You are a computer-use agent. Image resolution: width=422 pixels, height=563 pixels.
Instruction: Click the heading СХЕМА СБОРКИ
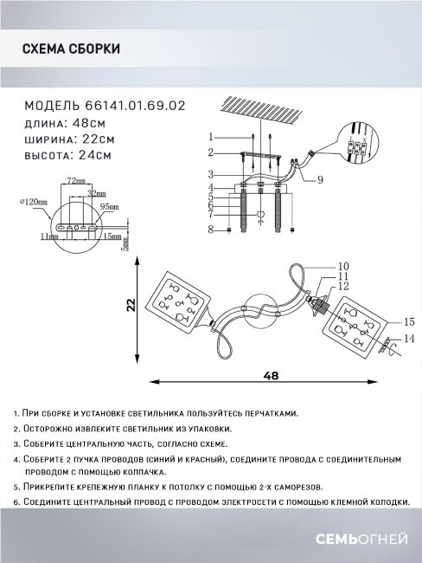point(71,50)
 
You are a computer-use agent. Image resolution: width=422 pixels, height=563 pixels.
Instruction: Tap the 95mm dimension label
point(109,208)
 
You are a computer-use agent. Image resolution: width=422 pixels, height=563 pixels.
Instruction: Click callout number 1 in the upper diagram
point(210,136)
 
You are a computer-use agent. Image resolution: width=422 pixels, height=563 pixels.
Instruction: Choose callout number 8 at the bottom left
point(210,229)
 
